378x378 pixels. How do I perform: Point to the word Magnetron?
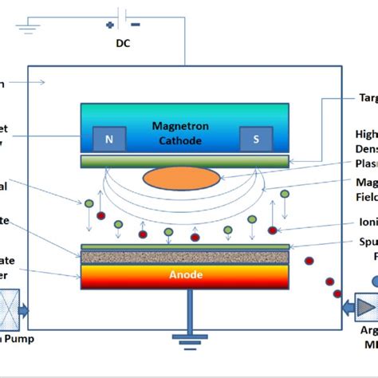(183, 127)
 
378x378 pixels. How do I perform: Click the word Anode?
(184, 275)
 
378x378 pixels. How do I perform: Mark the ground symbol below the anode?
(188, 343)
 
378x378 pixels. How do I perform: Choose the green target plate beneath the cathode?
(184, 162)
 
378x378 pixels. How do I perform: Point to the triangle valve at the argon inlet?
(365, 329)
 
